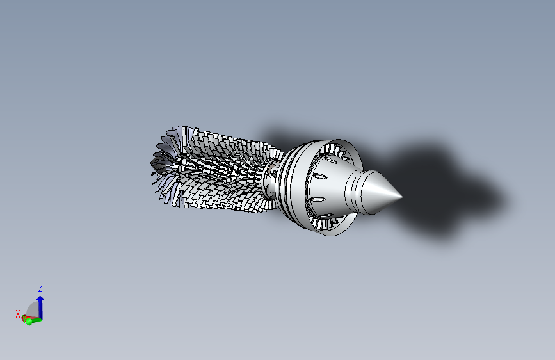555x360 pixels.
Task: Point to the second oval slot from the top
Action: pyautogui.click(x=318, y=176)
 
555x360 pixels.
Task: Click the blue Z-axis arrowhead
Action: pyautogui.click(x=40, y=299)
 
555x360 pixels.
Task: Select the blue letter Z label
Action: pyautogui.click(x=40, y=288)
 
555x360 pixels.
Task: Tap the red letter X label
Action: pyautogui.click(x=18, y=313)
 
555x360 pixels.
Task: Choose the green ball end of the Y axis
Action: pyautogui.click(x=29, y=321)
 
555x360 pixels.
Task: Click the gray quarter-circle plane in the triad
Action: pyautogui.click(x=32, y=310)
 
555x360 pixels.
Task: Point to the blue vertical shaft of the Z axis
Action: pyautogui.click(x=40, y=309)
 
